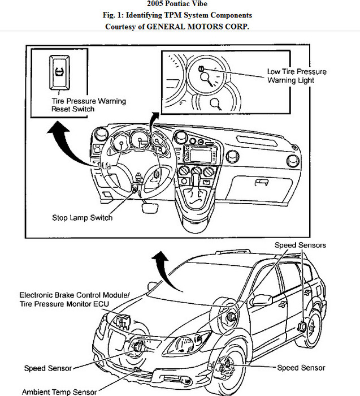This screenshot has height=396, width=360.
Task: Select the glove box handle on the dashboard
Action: point(261,182)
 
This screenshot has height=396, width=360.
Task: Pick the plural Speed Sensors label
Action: point(300,246)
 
